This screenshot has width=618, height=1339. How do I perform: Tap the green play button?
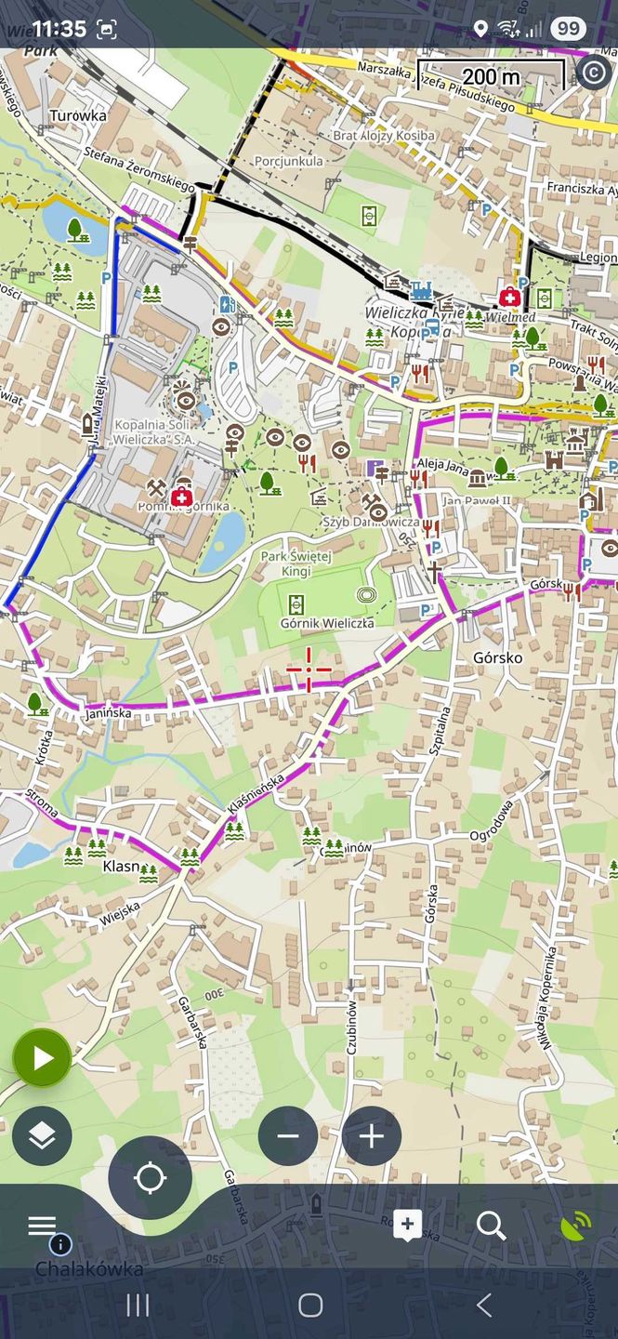42,1058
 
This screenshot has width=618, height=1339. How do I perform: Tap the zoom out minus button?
288,1136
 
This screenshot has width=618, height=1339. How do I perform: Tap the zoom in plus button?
372,1136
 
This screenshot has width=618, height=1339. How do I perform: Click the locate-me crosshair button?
150,1178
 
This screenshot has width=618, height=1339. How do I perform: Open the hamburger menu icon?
42,1226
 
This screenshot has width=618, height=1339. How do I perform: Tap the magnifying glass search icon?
491,1226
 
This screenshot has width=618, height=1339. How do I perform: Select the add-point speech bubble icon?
407,1226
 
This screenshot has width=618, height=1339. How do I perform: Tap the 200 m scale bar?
491,75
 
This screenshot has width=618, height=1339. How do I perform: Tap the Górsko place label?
497,658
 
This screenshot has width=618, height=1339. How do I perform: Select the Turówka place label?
78,116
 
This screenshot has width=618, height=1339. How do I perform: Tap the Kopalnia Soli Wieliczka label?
155,431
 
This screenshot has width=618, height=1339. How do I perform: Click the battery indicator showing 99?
567,29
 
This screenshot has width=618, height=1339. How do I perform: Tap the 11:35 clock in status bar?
59,28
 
